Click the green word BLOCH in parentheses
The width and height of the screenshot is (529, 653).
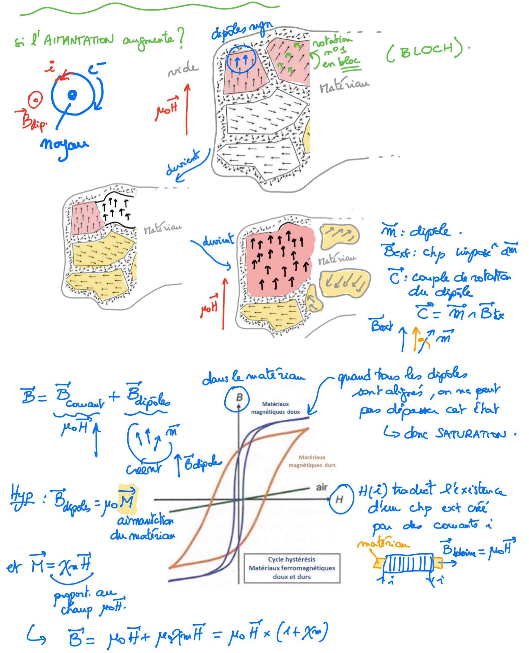pyautogui.click(x=427, y=50)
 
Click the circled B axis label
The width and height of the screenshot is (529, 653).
pyautogui.click(x=237, y=398)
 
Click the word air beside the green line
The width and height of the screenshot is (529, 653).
pyautogui.click(x=322, y=487)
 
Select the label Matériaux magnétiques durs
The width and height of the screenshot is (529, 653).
pyautogui.click(x=312, y=461)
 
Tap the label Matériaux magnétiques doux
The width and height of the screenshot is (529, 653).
pyautogui.click(x=275, y=408)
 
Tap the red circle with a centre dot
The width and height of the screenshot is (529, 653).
pyautogui.click(x=35, y=100)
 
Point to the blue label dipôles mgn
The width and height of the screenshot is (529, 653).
pyautogui.click(x=241, y=30)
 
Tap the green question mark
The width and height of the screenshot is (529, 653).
pyautogui.click(x=181, y=38)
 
